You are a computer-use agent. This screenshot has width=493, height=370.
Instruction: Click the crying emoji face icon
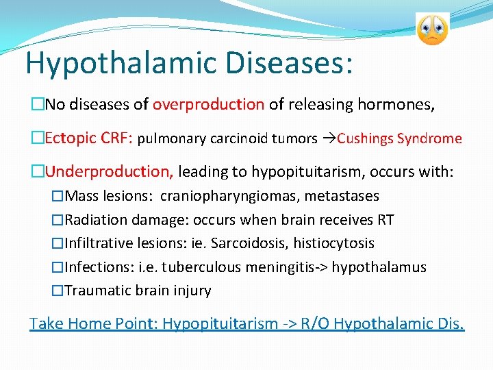tap(432, 29)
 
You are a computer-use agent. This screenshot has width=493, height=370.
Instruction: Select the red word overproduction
tap(208, 105)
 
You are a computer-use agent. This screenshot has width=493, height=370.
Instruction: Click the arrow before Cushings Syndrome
tap(328, 139)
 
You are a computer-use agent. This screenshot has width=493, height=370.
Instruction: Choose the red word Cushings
tap(366, 139)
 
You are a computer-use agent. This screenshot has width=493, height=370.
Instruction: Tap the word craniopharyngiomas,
tap(230, 197)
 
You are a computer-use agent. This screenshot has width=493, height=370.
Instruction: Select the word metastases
tap(342, 197)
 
